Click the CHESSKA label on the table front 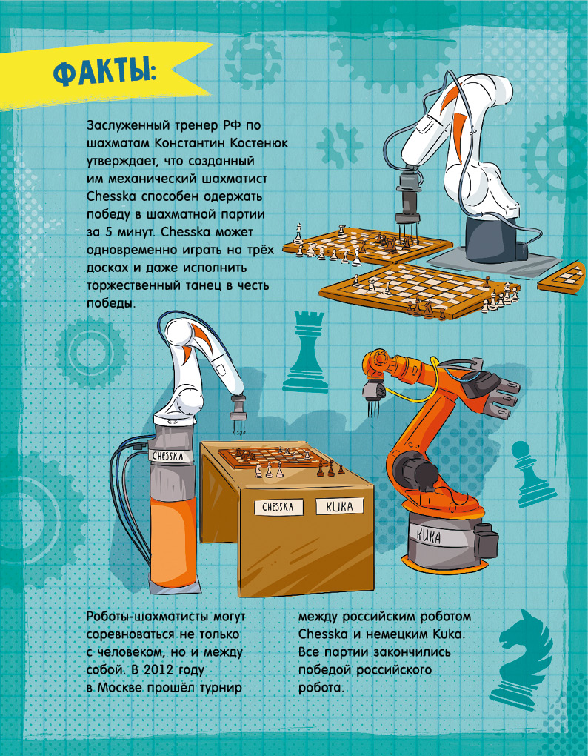point(278,507)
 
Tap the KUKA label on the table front point(339,506)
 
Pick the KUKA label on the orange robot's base point(428,536)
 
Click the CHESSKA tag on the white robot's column point(167,456)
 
